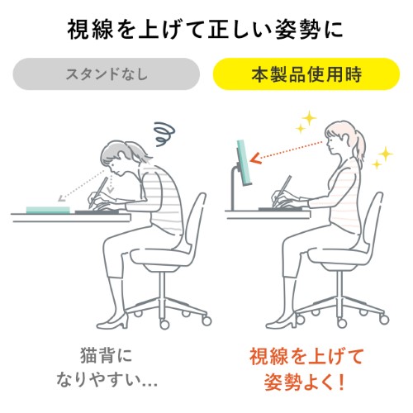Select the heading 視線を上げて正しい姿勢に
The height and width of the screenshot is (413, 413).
pos(206,31)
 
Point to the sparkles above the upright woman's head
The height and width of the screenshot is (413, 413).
pos(305,123)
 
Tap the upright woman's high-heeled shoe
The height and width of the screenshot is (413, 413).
pos(285,315)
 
